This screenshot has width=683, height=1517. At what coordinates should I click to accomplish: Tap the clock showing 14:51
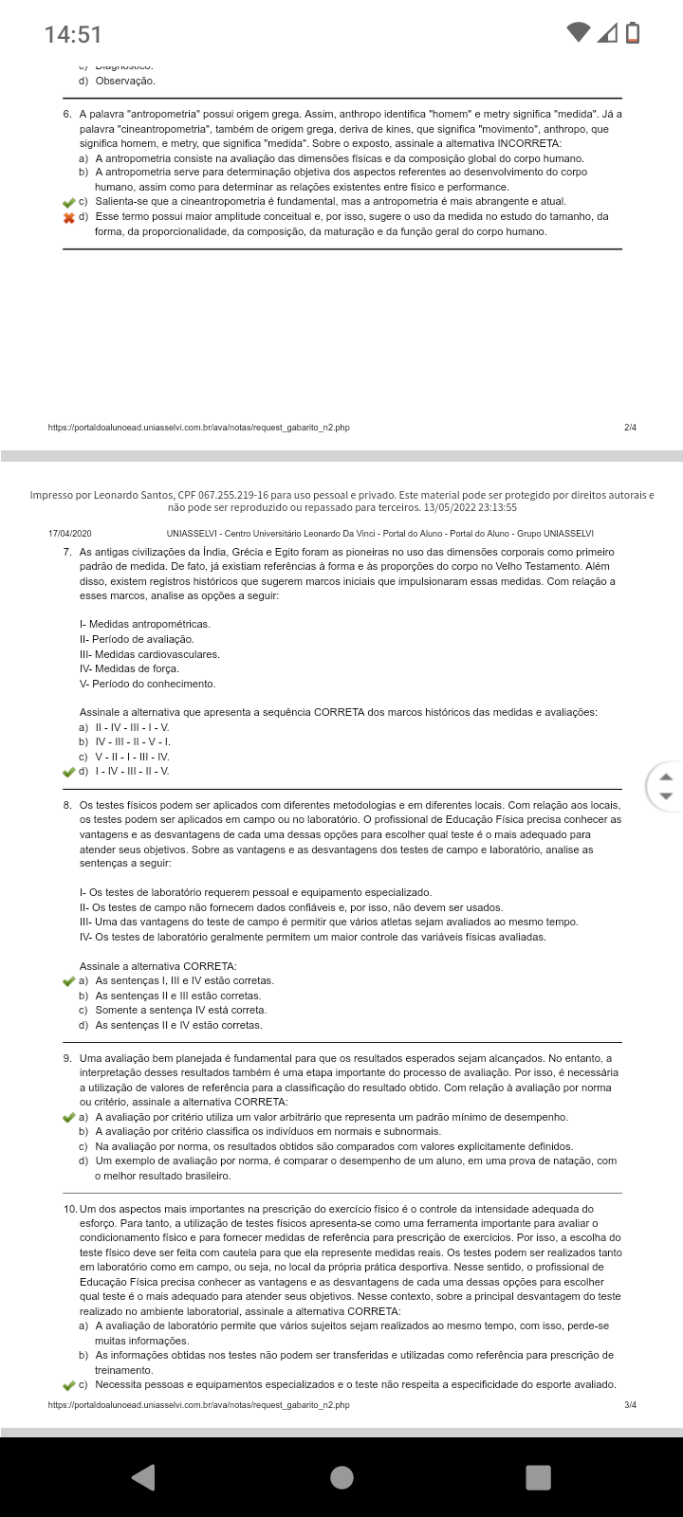pos(73,35)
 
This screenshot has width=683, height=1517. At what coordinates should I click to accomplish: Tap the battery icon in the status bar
pos(633,33)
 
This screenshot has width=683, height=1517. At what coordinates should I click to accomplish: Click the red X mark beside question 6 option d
pos(68,218)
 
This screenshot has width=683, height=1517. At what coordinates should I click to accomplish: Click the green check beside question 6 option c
pos(68,202)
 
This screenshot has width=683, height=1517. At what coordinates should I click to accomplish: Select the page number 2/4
pos(630,428)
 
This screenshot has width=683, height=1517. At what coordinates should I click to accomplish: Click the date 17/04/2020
pos(70,534)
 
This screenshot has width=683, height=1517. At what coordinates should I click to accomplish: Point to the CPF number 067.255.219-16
pos(236,495)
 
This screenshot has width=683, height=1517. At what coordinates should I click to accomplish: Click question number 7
pos(67,552)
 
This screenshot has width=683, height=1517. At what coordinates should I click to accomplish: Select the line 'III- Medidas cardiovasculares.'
pos(150,654)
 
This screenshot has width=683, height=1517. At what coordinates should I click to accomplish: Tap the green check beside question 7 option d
pos(68,772)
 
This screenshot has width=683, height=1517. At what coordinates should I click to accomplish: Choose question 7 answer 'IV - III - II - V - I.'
pos(133,741)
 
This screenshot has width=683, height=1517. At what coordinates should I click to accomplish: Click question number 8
pos(67,805)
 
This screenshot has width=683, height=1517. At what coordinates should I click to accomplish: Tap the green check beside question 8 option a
pos(68,981)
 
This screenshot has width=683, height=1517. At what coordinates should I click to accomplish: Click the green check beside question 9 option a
pos(68,1118)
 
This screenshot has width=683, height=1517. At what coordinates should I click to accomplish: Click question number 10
pos(70,1209)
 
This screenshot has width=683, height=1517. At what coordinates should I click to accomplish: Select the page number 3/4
pos(630,1404)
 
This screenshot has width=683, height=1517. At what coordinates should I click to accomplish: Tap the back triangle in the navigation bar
pos(143,1477)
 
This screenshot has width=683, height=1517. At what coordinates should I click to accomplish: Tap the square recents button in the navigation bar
pos(538,1477)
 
